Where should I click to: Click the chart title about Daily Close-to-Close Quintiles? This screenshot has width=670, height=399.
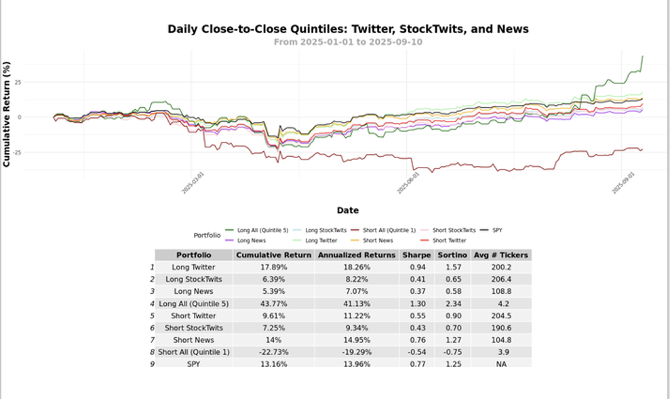(x=348, y=29)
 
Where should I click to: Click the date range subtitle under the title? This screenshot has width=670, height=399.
(x=348, y=42)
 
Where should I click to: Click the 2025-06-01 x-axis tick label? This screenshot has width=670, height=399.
(x=408, y=183)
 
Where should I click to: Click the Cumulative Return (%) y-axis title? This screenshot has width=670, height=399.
(x=7, y=115)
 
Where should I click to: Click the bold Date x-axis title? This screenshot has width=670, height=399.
(x=347, y=210)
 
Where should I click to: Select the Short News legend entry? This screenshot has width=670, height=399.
(x=376, y=240)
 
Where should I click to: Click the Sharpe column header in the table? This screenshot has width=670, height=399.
(x=416, y=255)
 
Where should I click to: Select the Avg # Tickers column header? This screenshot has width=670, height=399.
(x=502, y=255)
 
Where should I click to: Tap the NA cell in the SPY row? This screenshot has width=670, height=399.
(x=502, y=364)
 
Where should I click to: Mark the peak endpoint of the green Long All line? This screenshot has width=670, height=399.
(x=642, y=56)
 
